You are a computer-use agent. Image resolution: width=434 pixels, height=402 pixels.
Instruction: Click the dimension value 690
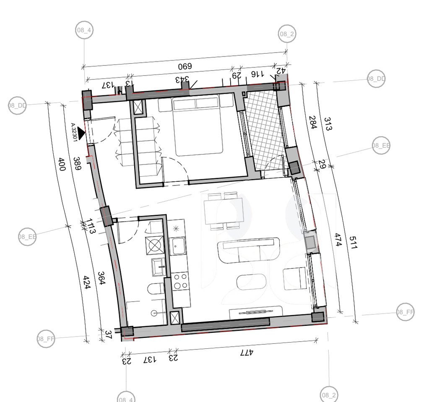click(x=185, y=67)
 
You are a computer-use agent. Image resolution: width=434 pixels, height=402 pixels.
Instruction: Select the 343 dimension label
click(x=182, y=79)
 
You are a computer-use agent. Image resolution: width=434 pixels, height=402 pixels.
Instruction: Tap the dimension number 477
click(x=247, y=353)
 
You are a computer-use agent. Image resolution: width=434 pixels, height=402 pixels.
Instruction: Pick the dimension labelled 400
click(x=62, y=164)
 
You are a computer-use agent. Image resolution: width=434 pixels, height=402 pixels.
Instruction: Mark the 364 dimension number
click(x=101, y=278)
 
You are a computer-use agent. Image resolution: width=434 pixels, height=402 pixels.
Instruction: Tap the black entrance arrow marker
click(x=81, y=134)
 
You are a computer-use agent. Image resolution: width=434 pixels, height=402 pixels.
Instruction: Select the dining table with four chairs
click(x=223, y=211)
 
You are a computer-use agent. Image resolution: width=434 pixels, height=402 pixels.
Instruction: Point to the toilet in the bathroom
click(x=156, y=290)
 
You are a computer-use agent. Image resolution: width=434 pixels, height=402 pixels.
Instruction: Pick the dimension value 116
click(x=257, y=74)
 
